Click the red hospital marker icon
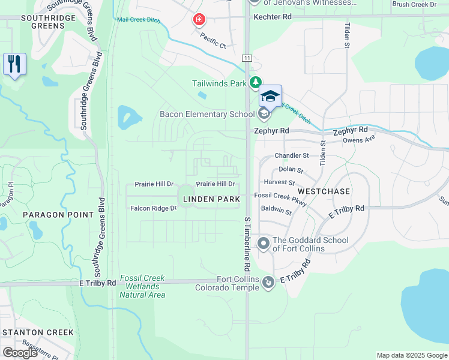[x=198, y=20]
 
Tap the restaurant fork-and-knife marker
[x=14, y=64]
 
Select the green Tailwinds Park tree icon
[x=256, y=83]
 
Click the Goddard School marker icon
[x=263, y=244]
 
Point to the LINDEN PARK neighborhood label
[x=211, y=199]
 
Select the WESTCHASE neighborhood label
[x=324, y=191]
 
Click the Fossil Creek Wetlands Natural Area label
[x=142, y=286]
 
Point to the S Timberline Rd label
[x=247, y=242]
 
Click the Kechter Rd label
[x=273, y=17]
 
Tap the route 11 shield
[x=247, y=58]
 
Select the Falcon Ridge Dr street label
[x=154, y=209]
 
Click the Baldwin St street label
[x=276, y=211]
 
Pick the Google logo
[x=20, y=353]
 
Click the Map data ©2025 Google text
[x=411, y=355]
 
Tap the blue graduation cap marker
[x=270, y=96]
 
